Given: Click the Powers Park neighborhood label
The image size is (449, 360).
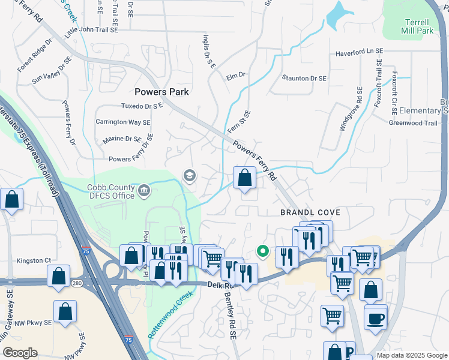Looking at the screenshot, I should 161,92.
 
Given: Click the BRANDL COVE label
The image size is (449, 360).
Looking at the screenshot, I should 310,213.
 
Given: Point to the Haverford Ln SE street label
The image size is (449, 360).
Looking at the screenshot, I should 359,52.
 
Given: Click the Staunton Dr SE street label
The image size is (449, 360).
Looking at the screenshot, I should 304,79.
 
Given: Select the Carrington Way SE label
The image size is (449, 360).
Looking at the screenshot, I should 123,122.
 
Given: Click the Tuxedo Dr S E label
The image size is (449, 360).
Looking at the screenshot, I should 142,106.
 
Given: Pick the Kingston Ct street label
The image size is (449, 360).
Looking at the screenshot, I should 34,260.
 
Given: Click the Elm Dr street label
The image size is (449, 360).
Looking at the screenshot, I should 236,76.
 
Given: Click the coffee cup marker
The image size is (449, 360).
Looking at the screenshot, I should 376,319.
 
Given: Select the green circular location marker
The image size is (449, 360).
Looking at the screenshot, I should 262,251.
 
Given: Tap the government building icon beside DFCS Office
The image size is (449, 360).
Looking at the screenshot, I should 144,191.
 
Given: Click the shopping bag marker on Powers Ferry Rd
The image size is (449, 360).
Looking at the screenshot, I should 244,178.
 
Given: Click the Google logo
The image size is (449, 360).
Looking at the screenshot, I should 20,353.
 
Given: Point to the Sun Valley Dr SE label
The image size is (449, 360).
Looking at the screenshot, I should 52,70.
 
